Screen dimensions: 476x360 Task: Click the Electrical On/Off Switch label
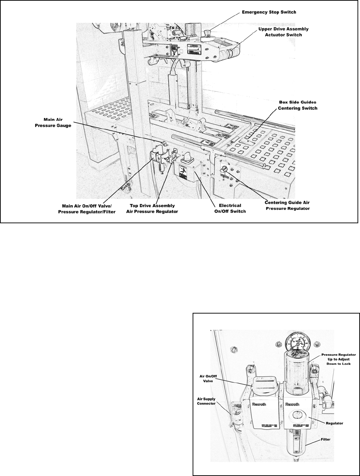coord(230,208)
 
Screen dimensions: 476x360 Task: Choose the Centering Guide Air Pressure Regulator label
coord(287,205)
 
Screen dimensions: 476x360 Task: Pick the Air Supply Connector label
coord(207,401)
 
